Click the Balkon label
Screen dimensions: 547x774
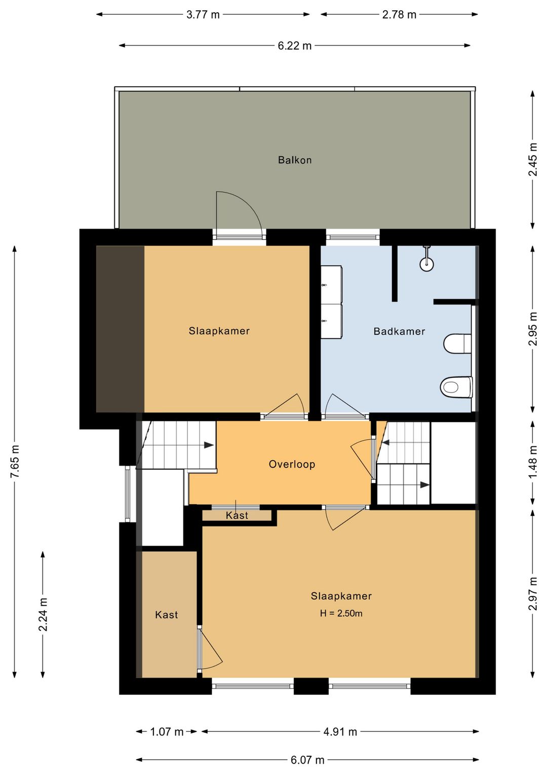295,160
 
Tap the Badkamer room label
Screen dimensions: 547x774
399,331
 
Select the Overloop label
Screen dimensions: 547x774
292,464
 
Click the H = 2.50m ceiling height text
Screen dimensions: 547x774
341,613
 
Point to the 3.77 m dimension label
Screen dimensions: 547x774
203,15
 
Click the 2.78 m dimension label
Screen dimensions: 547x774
399,15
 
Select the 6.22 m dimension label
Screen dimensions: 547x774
295,46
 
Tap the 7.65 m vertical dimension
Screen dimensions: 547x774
15,462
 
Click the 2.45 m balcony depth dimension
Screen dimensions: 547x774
533,160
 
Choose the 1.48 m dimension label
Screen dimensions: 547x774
533,463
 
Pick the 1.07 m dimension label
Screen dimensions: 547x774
167,731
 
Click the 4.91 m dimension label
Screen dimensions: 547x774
340,731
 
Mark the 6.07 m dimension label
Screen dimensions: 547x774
307,760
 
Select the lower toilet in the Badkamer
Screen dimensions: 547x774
456,387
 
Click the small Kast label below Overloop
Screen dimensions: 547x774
237,515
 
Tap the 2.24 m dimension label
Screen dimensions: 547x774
43,614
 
